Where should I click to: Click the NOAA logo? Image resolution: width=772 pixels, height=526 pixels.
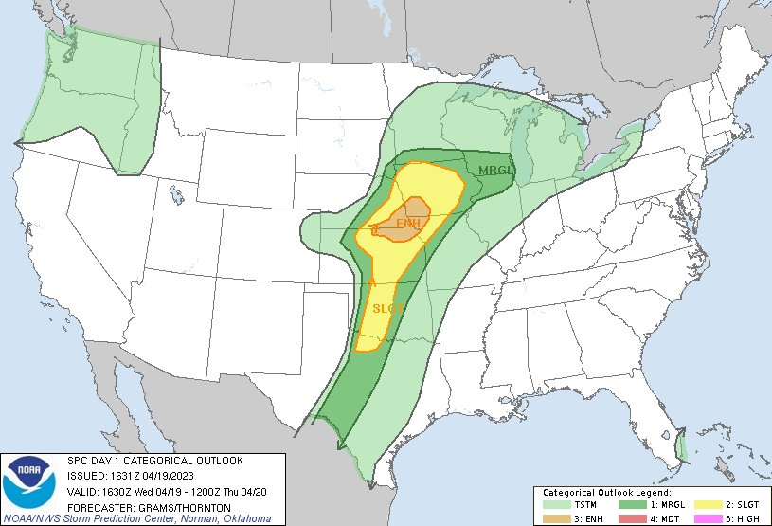29,481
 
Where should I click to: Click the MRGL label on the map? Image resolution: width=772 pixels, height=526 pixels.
494,171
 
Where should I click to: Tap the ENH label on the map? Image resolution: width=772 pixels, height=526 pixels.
408,224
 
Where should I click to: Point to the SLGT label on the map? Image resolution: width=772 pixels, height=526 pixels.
388,308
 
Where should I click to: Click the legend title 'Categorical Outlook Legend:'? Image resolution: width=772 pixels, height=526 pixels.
606,494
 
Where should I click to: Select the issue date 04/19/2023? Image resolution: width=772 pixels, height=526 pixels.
163,476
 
